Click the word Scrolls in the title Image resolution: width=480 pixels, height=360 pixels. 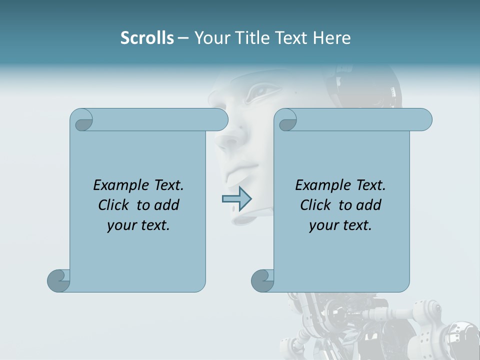(x=147, y=38)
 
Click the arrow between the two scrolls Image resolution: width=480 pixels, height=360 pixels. (x=236, y=199)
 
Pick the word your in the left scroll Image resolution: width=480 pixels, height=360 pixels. (x=121, y=226)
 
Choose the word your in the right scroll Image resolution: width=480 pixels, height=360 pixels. (x=323, y=226)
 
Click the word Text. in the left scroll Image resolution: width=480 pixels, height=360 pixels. (x=166, y=185)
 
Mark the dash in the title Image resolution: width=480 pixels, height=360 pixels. (x=183, y=38)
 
